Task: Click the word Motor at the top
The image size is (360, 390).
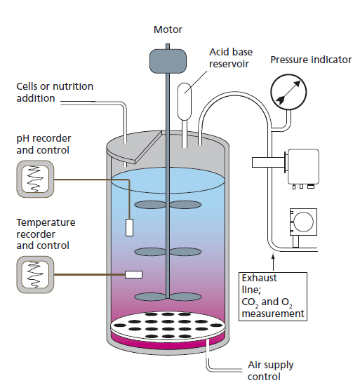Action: pos(168,29)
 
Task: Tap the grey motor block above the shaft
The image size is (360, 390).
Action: pos(167,60)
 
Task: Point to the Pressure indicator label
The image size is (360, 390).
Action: pos(311,60)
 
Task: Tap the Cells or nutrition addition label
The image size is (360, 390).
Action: pos(54,92)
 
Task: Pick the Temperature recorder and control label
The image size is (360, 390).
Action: pos(47,234)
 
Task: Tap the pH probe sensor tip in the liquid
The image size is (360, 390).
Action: pos(130,227)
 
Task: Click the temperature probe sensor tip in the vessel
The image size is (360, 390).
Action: pos(134,274)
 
